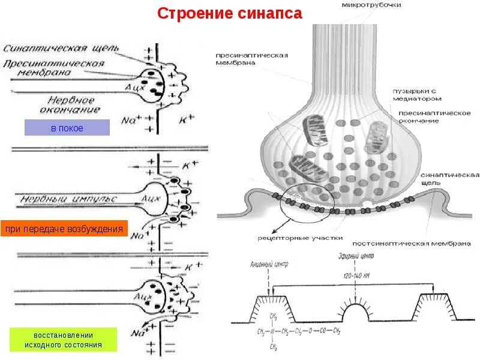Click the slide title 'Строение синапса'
click(230, 14)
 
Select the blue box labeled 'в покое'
click(67, 128)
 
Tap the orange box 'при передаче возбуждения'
click(64, 229)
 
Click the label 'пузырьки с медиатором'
click(418, 94)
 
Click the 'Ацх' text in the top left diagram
click(134, 86)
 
